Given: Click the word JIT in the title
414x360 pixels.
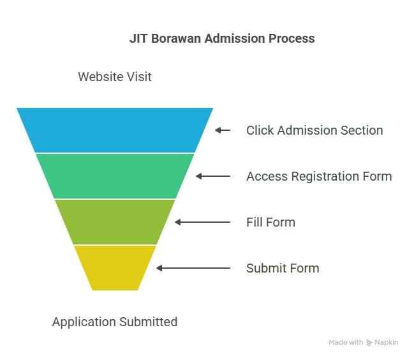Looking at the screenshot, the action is [138, 38].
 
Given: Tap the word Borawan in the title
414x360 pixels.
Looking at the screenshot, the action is [176, 38].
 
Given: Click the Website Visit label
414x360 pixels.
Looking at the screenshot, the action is [115, 77].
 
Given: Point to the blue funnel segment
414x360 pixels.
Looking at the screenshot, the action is [115, 130].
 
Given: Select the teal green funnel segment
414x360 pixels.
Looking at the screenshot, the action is [115, 176].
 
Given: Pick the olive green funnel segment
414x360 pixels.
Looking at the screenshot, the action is [115, 222].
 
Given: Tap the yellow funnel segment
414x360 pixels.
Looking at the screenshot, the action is [115, 268].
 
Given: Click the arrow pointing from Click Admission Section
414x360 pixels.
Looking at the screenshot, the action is [223, 130].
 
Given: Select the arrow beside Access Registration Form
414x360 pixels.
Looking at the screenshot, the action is [213, 176].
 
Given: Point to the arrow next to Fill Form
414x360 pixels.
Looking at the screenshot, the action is [202, 222].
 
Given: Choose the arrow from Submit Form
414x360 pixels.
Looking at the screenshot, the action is [193, 268].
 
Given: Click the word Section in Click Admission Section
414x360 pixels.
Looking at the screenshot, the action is [362, 130].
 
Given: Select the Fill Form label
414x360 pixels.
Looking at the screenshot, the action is [271, 222].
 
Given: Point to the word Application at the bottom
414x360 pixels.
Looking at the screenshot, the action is [84, 322].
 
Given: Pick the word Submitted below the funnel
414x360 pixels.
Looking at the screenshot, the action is [149, 322].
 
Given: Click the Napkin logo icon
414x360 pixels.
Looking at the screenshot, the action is [369, 343].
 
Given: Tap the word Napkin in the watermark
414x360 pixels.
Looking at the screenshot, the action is [387, 343].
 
